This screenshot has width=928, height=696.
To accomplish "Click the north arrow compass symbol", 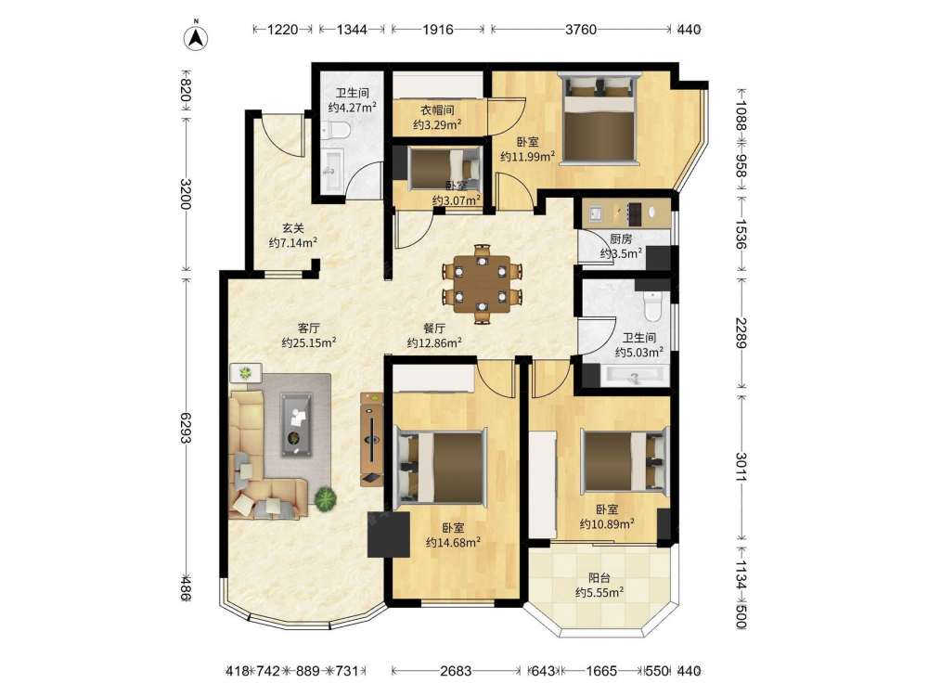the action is pos(197,36).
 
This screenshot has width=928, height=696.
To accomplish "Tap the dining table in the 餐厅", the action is pos(482,283).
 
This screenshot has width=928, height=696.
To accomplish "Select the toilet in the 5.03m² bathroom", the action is pos(652,304).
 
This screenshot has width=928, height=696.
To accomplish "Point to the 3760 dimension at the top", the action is pos(581,29).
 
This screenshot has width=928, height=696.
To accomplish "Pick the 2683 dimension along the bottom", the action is pos(456,671).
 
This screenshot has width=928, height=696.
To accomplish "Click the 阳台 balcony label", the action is pos(599,578).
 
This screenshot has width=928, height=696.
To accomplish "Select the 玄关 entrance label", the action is pos(292,228).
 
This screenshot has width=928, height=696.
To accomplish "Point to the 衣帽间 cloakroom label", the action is pos(437,110).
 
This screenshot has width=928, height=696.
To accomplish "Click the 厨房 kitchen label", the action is pos(621,239).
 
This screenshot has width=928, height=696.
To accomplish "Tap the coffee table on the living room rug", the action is pos(297,424).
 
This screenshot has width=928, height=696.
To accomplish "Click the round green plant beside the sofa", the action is pos(325,498).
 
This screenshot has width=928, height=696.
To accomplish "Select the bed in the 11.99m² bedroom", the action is pos(599,118).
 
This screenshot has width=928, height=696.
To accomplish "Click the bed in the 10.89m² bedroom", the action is pos(624,461).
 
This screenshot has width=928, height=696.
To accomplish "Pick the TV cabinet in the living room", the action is pos(372,439).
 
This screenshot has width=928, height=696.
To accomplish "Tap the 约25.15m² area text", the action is pos(309,342).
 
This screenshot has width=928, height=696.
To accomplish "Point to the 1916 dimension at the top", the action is pos(438,29).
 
